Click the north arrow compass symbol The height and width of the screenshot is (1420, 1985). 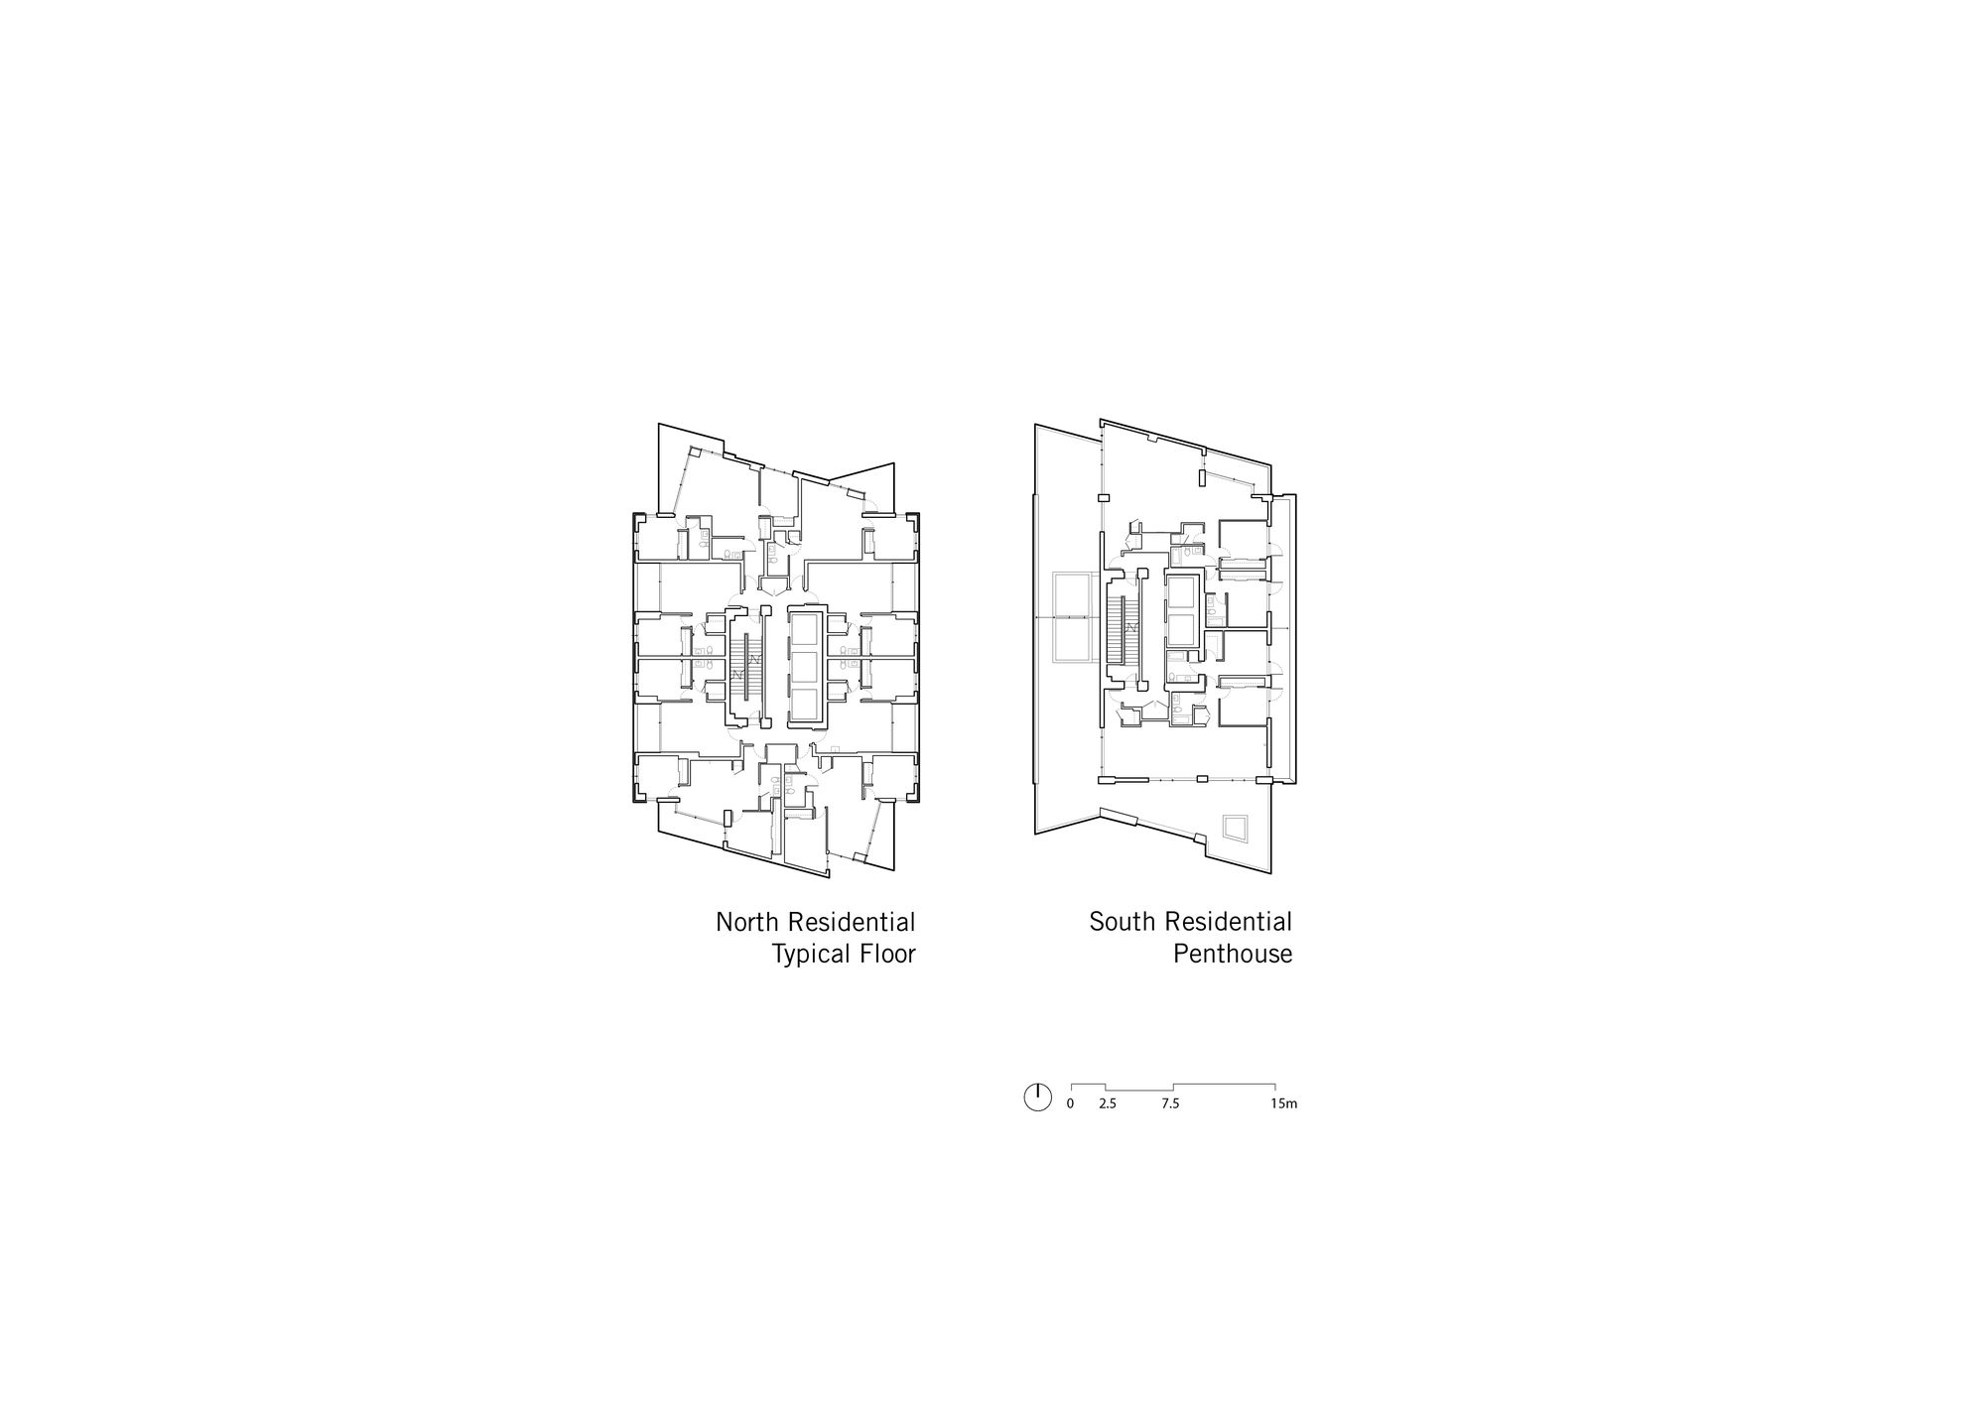coord(1036,1097)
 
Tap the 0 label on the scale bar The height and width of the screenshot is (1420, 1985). coord(1070,1103)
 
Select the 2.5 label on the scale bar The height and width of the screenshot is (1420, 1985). coord(1108,1103)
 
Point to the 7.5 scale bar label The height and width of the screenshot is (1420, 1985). coord(1171,1103)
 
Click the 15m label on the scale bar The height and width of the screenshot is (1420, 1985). coord(1284,1103)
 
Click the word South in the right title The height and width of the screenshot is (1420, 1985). coord(1123,922)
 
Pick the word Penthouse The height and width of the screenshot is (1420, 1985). coord(1233,955)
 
